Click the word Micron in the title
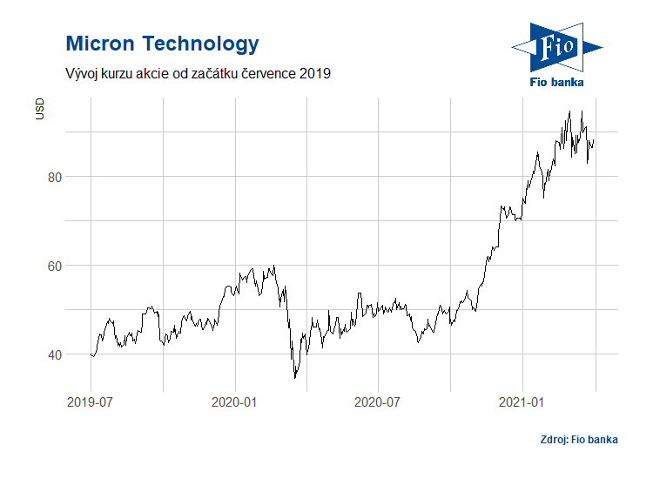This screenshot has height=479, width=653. click(x=100, y=44)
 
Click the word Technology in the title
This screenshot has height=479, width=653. click(x=200, y=44)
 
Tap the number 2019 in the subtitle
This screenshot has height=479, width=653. click(x=314, y=74)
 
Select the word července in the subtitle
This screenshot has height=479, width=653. click(x=266, y=74)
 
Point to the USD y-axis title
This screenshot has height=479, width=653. click(x=39, y=109)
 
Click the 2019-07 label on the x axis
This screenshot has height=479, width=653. click(x=90, y=402)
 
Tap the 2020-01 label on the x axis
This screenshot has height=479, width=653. click(x=234, y=402)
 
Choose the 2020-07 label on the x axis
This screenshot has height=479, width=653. click(x=378, y=402)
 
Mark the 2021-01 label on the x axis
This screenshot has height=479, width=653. click(x=522, y=402)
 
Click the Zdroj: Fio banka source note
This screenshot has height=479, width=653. click(x=578, y=440)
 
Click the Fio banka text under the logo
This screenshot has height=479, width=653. click(x=557, y=82)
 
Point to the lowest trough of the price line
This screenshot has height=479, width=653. click(x=294, y=378)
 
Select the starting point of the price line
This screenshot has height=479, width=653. click(x=91, y=354)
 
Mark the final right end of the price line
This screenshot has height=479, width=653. click(x=594, y=141)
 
